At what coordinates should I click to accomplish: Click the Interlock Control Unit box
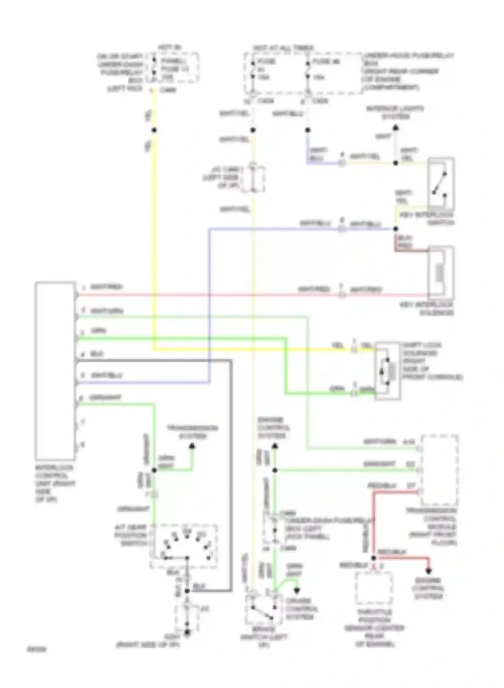55,371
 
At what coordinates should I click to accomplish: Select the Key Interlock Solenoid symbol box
440,272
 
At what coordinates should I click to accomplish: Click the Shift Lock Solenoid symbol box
387,371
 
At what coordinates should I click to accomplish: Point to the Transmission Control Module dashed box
439,470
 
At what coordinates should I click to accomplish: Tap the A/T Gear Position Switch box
183,546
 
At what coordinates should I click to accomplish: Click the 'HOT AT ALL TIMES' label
283,48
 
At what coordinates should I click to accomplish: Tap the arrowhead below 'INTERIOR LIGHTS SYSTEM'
396,128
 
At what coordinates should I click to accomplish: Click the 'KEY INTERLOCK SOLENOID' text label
426,309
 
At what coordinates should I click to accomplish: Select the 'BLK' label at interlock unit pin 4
96,354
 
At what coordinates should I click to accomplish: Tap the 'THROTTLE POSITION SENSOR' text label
374,628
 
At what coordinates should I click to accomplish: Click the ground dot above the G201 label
187,632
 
